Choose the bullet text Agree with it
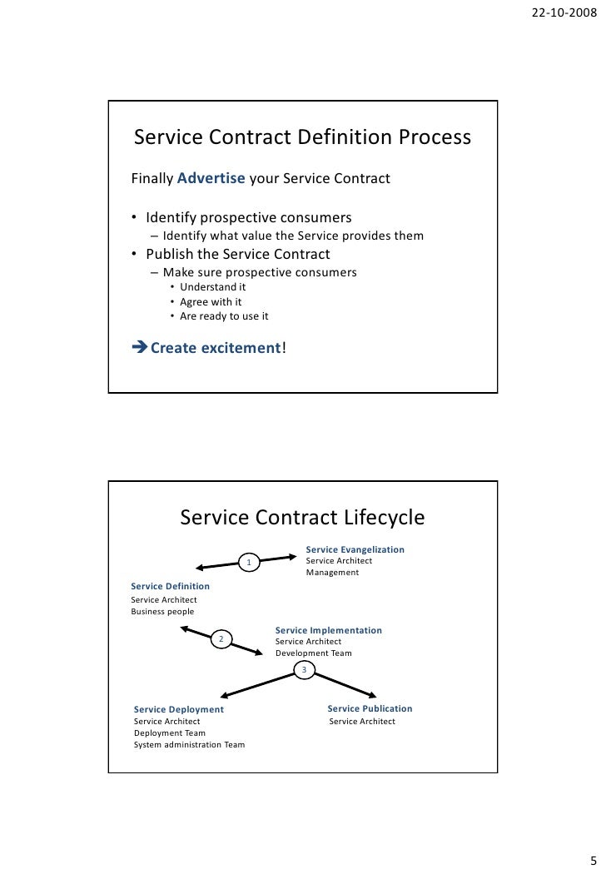211,302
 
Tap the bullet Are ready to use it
224,316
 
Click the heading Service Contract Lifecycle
302,518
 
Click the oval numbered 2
221,639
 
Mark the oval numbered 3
304,670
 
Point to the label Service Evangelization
355,549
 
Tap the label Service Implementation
328,630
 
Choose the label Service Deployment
179,709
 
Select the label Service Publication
370,708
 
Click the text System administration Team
189,744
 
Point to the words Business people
162,612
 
